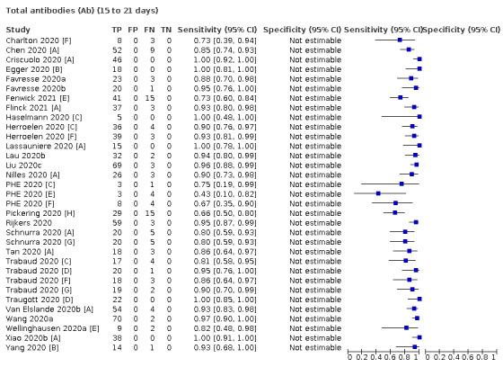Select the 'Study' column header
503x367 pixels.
(x=18, y=30)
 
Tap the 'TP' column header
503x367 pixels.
(x=116, y=30)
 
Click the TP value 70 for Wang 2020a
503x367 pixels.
(x=116, y=318)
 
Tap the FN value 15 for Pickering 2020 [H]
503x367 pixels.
(x=152, y=212)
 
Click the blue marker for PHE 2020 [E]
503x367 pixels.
(x=377, y=193)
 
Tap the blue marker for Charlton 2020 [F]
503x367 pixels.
(x=400, y=41)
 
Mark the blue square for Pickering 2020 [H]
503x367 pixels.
(x=394, y=212)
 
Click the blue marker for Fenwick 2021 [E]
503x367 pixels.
(x=400, y=96)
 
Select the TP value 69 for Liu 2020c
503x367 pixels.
(x=116, y=165)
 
